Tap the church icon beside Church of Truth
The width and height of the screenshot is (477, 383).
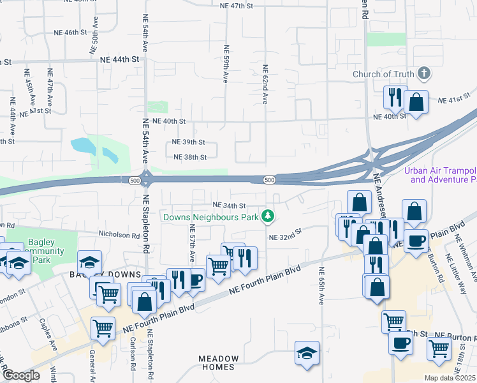point(422,74)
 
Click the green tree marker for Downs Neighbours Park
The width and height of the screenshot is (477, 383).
point(268,217)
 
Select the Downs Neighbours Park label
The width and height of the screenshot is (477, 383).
point(211,217)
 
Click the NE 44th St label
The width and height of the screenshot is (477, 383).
point(119,59)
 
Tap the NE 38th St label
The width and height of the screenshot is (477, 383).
point(190,157)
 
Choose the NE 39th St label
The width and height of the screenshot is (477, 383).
point(188,142)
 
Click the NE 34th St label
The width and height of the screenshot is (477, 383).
point(229,206)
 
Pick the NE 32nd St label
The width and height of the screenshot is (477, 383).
point(284,237)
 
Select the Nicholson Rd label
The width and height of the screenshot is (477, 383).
point(119,235)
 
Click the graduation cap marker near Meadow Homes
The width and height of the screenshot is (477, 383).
point(307,353)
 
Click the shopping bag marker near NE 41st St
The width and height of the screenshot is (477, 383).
point(416,102)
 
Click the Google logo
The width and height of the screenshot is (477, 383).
point(21,375)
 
